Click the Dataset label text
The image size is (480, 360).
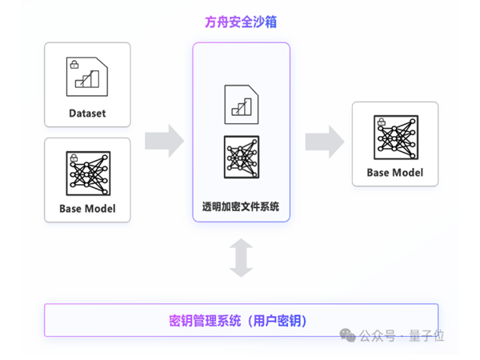pyautogui.click(x=87, y=114)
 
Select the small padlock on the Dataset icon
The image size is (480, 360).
pyautogui.click(x=74, y=63)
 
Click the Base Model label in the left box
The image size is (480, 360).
pyautogui.click(x=87, y=210)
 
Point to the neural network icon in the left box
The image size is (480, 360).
pyautogui.click(x=87, y=174)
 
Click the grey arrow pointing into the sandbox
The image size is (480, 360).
pyautogui.click(x=164, y=142)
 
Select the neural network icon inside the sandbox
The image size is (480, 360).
pyautogui.click(x=241, y=157)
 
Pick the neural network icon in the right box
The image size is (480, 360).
pyautogui.click(x=395, y=138)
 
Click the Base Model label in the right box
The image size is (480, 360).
pyautogui.click(x=395, y=173)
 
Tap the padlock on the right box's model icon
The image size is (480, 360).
pyautogui.click(x=379, y=122)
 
